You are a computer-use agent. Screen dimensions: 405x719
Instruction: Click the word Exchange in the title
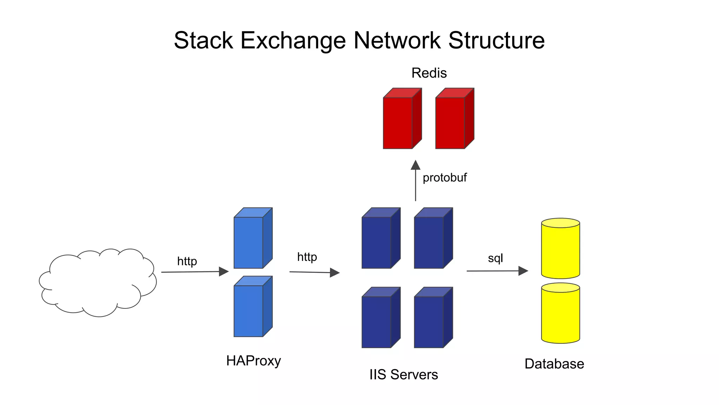tap(293, 40)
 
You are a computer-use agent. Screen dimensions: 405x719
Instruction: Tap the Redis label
tap(429, 73)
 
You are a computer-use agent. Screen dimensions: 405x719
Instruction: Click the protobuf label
tap(444, 178)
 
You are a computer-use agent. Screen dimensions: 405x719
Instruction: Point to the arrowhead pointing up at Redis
tap(416, 165)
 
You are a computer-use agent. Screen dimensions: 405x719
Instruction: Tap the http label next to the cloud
tap(187, 261)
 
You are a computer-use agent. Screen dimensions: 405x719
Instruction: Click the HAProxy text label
tap(253, 361)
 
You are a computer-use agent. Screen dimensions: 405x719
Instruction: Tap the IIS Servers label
tap(403, 374)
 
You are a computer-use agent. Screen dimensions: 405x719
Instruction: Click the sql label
tap(495, 258)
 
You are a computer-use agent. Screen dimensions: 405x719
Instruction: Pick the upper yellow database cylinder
tap(560, 250)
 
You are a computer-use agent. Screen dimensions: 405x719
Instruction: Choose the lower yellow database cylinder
tap(560, 315)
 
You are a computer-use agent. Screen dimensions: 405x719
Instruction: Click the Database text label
tap(554, 364)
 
